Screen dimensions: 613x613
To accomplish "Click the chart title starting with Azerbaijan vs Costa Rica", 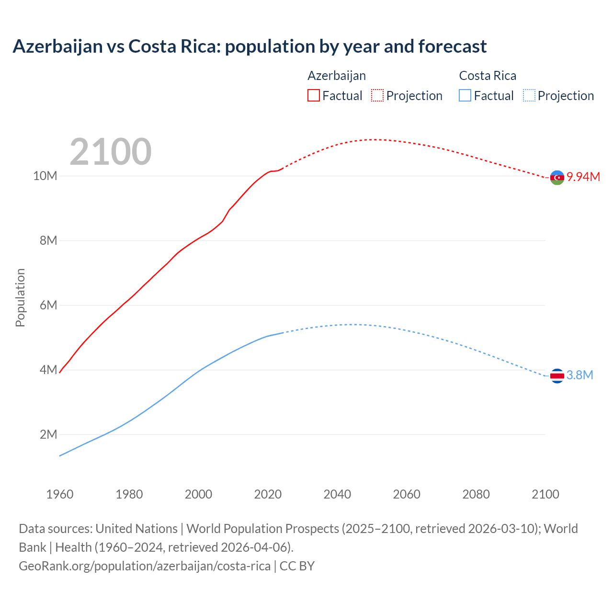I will (250, 46).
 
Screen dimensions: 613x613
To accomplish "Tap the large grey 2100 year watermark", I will (111, 152).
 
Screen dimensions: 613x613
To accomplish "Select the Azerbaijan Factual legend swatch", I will (313, 95).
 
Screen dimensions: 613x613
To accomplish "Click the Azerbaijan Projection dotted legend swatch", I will (377, 95).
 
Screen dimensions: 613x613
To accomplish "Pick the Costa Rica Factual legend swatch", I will (465, 95).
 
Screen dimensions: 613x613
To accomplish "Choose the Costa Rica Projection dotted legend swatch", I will (529, 95).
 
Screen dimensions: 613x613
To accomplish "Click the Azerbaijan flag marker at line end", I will (557, 178).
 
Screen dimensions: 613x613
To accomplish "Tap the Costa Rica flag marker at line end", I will (557, 376).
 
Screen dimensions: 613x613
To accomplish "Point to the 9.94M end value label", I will (583, 177).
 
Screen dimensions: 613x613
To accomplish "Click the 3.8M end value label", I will (580, 375).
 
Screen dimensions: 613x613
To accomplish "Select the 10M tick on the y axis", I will (45, 176).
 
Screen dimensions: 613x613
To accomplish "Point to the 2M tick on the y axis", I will (48, 434).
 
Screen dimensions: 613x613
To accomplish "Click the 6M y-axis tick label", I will (48, 305).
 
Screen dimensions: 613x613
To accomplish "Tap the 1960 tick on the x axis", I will (60, 494).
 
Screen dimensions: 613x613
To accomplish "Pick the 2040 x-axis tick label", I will (337, 494).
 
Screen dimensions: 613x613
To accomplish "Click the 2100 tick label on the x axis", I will (545, 494).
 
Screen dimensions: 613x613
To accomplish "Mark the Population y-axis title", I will (20, 297).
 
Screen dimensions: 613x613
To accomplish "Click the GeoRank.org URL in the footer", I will (145, 566).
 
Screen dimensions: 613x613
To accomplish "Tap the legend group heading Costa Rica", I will (488, 76).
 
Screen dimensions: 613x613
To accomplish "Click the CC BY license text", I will (297, 566).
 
